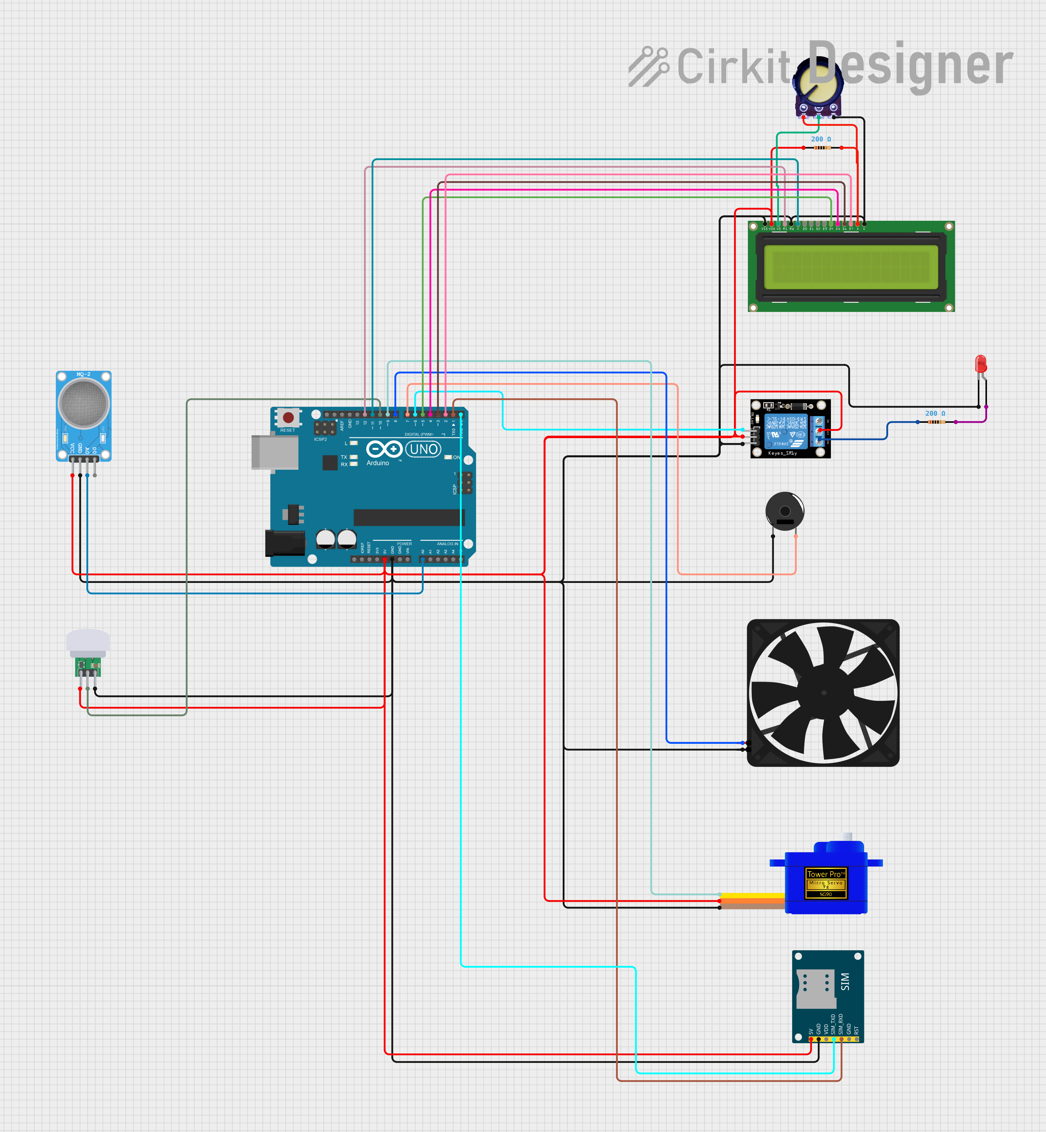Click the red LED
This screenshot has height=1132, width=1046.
(x=981, y=363)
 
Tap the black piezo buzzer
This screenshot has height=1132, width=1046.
(x=784, y=511)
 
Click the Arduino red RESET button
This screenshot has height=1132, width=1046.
(x=288, y=417)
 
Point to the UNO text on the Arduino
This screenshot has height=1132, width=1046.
(x=423, y=449)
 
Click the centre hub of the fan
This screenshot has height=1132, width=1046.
(x=824, y=692)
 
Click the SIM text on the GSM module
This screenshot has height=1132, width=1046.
(x=845, y=981)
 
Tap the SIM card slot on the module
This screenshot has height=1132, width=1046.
(x=815, y=989)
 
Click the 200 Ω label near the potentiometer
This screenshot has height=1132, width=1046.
(x=821, y=139)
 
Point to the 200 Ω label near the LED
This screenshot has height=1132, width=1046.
(x=935, y=413)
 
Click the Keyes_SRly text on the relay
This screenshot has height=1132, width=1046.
(x=782, y=453)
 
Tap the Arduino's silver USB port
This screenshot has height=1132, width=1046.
(x=275, y=452)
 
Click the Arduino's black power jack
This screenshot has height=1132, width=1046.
(x=285, y=543)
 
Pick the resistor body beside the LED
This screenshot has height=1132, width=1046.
(x=937, y=422)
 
